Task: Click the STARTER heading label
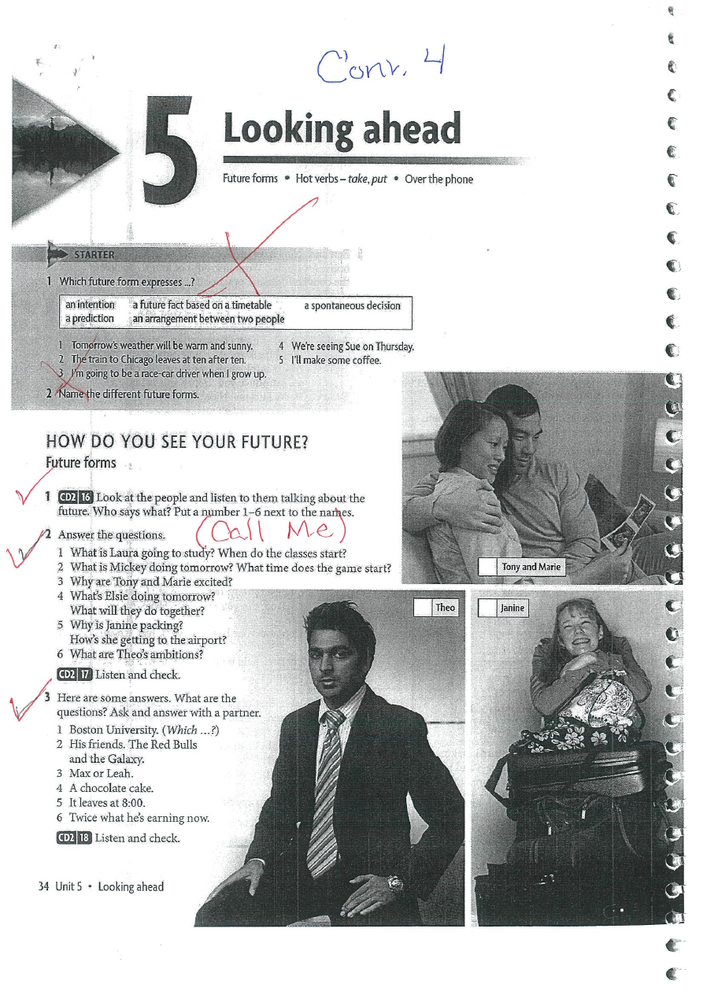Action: coord(94,255)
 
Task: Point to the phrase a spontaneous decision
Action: coord(352,305)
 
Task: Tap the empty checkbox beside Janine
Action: coord(487,608)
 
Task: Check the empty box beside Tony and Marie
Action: coord(487,568)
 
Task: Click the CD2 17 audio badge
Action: coord(75,675)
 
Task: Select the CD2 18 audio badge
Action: coord(74,838)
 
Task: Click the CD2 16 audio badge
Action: coord(75,497)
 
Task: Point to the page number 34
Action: coord(43,886)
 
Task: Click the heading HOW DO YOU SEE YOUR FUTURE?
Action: coord(177,442)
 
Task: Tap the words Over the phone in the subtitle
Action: coord(438,179)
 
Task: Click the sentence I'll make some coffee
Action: coord(336,361)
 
